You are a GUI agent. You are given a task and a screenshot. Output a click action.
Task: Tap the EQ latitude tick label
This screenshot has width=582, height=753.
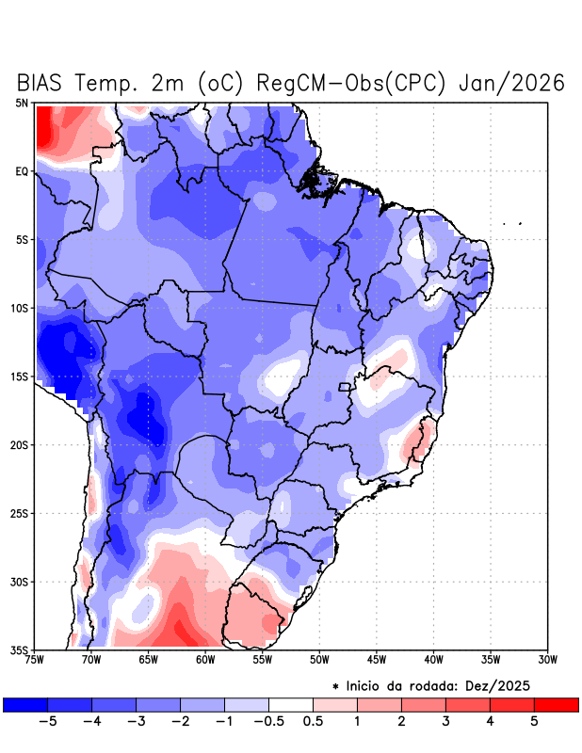(22, 171)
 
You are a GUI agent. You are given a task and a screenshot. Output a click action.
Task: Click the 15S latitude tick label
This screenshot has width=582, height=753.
(20, 376)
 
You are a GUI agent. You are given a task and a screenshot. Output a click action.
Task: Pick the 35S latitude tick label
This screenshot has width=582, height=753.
(20, 650)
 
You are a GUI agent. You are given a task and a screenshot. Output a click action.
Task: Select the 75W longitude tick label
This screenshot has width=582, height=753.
(36, 660)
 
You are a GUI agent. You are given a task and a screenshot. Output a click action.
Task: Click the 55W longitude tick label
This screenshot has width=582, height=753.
(263, 660)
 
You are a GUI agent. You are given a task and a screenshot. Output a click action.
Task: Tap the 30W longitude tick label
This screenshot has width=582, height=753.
(548, 660)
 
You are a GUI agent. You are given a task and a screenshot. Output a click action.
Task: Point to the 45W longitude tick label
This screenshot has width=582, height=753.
(377, 660)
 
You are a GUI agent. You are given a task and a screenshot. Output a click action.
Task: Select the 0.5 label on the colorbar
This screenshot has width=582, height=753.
(313, 722)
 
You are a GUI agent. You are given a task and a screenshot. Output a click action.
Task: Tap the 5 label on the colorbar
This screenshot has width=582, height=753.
(534, 722)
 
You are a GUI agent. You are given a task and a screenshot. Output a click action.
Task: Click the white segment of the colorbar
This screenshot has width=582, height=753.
(291, 704)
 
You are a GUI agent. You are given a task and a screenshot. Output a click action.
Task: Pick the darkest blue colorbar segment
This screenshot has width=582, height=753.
(25, 704)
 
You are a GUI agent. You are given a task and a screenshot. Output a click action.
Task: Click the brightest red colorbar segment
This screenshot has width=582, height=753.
(556, 704)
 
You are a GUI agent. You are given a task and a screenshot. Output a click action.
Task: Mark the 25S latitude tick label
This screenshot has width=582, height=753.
(20, 513)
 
